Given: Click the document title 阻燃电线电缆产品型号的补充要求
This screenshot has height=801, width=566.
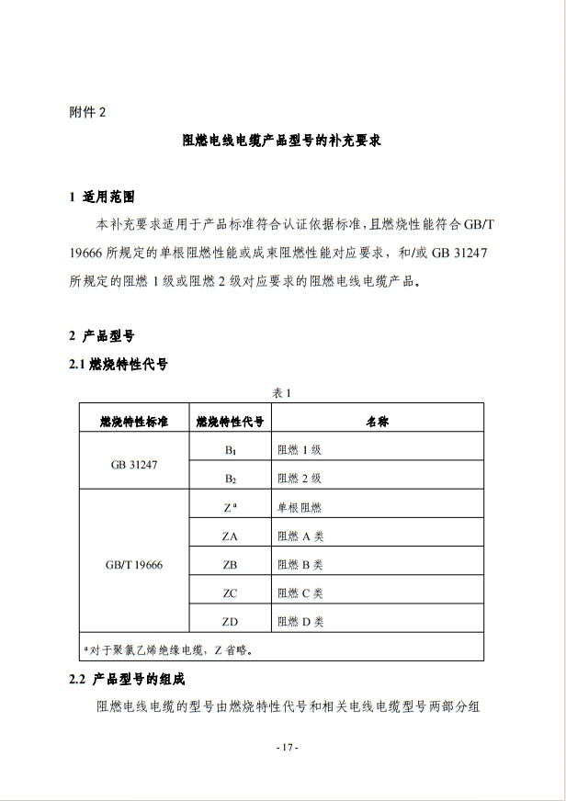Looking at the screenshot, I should click(282, 142).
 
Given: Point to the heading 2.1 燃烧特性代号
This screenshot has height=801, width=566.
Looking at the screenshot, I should click(119, 364).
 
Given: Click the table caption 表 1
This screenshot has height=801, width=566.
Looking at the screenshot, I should click(282, 392).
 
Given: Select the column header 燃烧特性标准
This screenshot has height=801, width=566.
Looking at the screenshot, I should click(134, 422).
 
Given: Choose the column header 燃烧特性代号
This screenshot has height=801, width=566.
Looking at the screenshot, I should click(230, 422).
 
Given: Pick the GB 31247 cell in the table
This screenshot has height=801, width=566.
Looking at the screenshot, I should click(134, 465).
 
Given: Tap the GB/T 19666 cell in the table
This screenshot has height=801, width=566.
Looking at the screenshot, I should click(134, 565).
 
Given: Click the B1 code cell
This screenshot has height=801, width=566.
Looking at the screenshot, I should click(230, 451).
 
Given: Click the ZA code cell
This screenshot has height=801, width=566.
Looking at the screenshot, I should click(230, 536).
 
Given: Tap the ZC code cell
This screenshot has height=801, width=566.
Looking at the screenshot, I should click(230, 593).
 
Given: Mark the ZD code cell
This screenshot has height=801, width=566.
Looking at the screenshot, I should click(230, 622).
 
